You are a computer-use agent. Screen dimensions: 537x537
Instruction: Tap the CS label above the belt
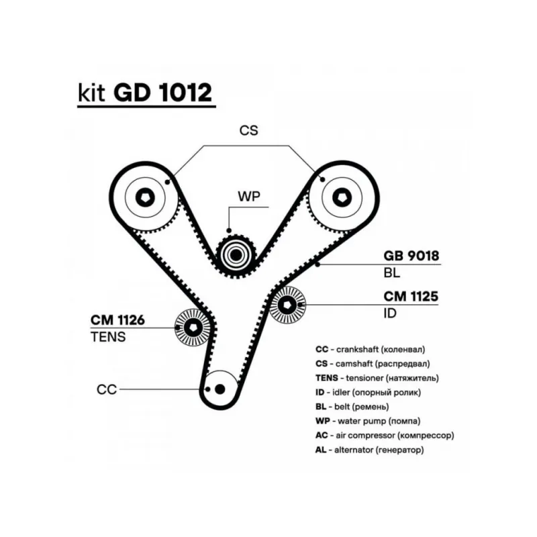coord(248,131)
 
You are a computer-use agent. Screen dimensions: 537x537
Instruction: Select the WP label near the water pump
coord(248,196)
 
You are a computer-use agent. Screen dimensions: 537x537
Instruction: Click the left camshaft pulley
coord(146,197)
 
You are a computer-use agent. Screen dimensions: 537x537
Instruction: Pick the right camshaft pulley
coord(340,197)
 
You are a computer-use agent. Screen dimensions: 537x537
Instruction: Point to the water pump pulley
coord(236,255)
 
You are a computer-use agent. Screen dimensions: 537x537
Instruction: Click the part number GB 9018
coord(411,256)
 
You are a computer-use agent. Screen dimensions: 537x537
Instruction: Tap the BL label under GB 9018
coord(391,273)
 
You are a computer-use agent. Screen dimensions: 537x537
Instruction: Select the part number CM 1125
coord(410,295)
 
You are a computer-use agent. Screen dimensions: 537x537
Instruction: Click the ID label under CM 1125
coord(390,313)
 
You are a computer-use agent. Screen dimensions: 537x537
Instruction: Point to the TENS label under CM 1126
coord(107,337)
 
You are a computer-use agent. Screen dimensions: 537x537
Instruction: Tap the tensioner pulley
coord(193,328)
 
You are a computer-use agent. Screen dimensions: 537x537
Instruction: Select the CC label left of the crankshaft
coord(107,389)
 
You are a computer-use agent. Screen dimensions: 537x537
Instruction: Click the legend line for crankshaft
coord(370,349)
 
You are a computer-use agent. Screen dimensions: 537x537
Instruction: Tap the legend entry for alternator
coord(369,450)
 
